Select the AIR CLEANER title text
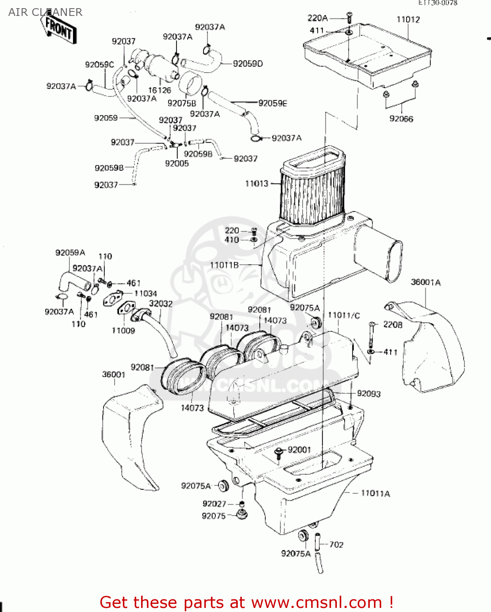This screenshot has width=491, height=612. click(45, 12)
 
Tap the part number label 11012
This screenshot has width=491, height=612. click(408, 20)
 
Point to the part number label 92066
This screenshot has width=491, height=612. click(401, 119)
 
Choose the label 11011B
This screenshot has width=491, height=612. click(224, 265)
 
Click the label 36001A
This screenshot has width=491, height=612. click(425, 282)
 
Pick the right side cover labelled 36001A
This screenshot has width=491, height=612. click(432, 351)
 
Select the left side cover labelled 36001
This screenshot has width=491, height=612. click(130, 437)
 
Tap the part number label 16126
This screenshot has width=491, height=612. click(159, 90)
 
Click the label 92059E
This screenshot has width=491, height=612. click(272, 103)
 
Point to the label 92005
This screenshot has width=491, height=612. click(177, 164)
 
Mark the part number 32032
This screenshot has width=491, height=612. click(161, 304)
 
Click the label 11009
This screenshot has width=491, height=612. click(123, 330)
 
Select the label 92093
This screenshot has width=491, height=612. click(369, 394)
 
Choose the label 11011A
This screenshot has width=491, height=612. click(375, 494)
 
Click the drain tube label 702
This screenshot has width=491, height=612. click(336, 545)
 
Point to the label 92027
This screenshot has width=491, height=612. click(214, 504)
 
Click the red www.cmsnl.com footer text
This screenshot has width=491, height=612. click(246, 602)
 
